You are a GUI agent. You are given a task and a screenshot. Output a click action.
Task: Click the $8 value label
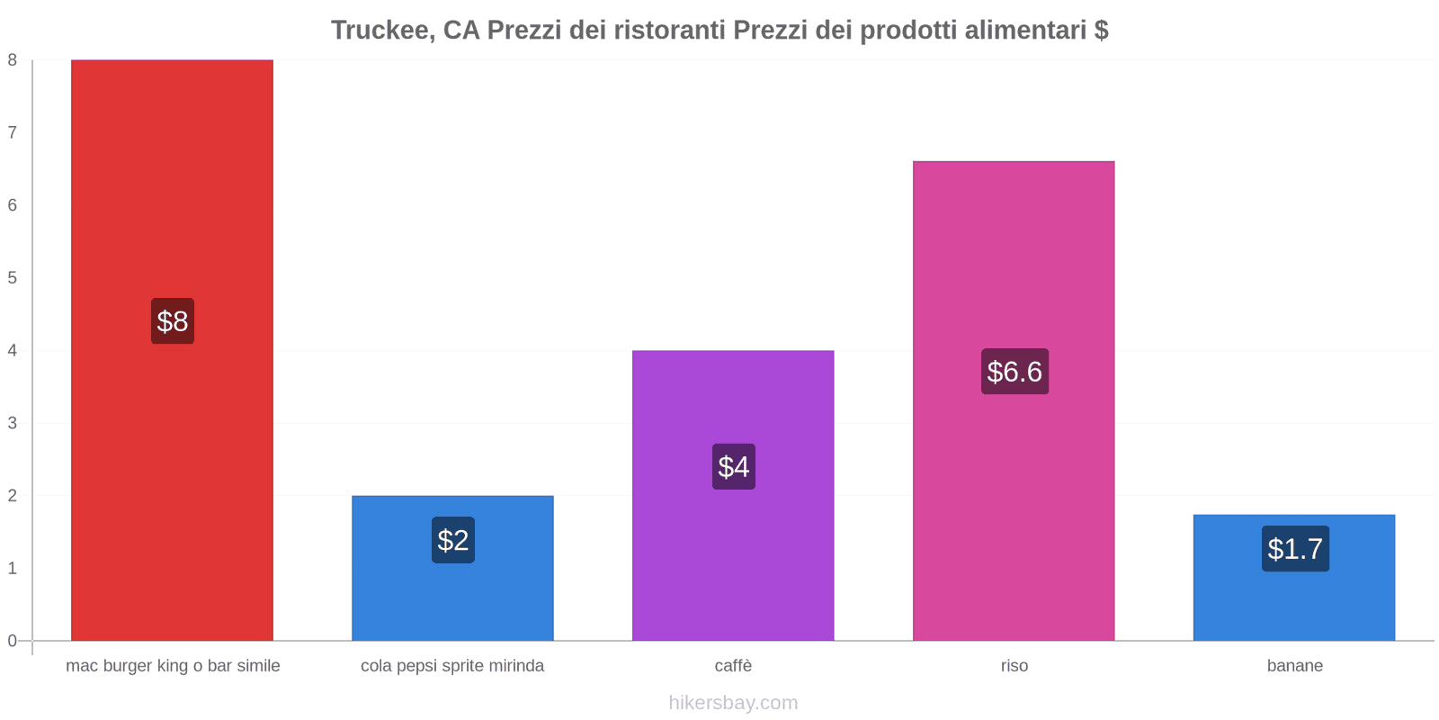pyautogui.click(x=173, y=321)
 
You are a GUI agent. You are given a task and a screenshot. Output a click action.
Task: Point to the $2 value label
pyautogui.click(x=453, y=540)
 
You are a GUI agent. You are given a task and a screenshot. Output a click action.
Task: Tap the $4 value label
pyautogui.click(x=734, y=467)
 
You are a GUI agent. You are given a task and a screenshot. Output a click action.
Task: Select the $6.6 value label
pyautogui.click(x=1014, y=372)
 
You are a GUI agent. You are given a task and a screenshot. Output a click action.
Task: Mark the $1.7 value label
pyautogui.click(x=1295, y=549)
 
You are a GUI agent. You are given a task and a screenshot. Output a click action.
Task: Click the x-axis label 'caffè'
pyautogui.click(x=733, y=666)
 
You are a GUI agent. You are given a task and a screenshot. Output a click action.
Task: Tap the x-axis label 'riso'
pyautogui.click(x=1014, y=666)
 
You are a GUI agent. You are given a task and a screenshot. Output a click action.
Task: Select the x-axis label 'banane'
pyautogui.click(x=1294, y=666)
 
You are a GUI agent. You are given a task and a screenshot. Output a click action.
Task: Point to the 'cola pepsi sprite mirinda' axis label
pyautogui.click(x=452, y=666)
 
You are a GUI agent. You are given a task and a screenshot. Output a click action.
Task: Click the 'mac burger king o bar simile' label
pyautogui.click(x=173, y=666)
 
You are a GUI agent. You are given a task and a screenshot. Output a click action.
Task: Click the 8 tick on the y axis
pyautogui.click(x=13, y=60)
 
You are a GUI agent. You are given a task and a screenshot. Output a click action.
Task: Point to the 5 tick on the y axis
pyautogui.click(x=13, y=278)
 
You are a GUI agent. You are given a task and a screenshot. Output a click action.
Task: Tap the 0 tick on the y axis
pyautogui.click(x=13, y=641)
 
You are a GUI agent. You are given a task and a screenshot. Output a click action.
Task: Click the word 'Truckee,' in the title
pyautogui.click(x=382, y=31)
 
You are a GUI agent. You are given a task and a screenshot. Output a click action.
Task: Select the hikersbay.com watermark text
pyautogui.click(x=733, y=703)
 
